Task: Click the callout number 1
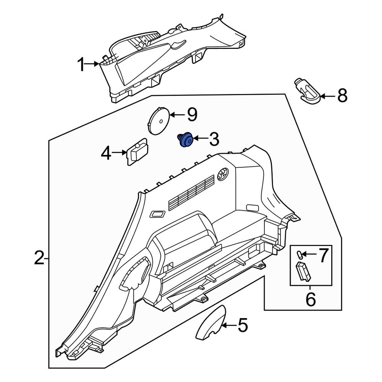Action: (x=81, y=65)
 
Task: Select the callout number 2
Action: (x=39, y=259)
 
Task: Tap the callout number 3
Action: (x=212, y=139)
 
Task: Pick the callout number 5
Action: (x=243, y=325)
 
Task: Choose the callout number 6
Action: (x=310, y=299)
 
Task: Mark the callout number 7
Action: (x=323, y=255)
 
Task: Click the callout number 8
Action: (x=342, y=95)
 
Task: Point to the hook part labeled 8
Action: (x=308, y=92)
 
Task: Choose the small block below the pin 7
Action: (x=304, y=271)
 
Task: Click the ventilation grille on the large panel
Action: (x=191, y=191)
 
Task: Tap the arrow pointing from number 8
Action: (x=327, y=96)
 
